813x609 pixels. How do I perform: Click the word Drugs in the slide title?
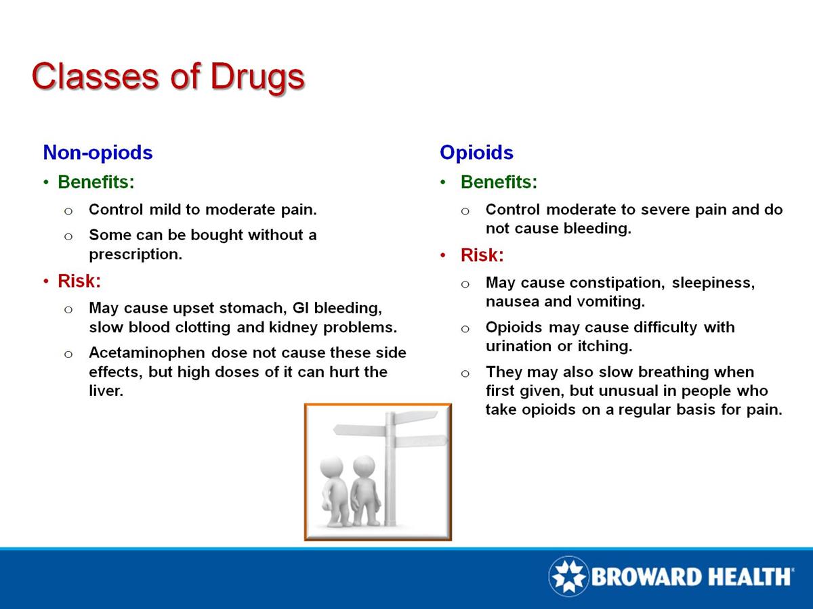pyautogui.click(x=257, y=76)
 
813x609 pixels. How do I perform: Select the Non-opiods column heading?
pyautogui.click(x=98, y=152)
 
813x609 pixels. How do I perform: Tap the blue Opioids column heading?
pyautogui.click(x=476, y=152)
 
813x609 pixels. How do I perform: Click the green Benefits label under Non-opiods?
pyautogui.click(x=96, y=182)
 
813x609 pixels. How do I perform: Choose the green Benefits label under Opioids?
pyautogui.click(x=499, y=182)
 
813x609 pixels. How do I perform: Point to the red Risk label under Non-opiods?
pyautogui.click(x=79, y=280)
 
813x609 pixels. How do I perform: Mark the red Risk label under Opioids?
pyautogui.click(x=482, y=255)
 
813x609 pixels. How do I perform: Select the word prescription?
pyautogui.click(x=135, y=256)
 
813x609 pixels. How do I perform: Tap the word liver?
pyautogui.click(x=106, y=391)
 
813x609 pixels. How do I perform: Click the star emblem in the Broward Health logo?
pyautogui.click(x=568, y=577)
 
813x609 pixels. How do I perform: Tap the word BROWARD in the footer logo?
pyautogui.click(x=644, y=577)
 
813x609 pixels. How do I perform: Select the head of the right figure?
pyautogui.click(x=364, y=466)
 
